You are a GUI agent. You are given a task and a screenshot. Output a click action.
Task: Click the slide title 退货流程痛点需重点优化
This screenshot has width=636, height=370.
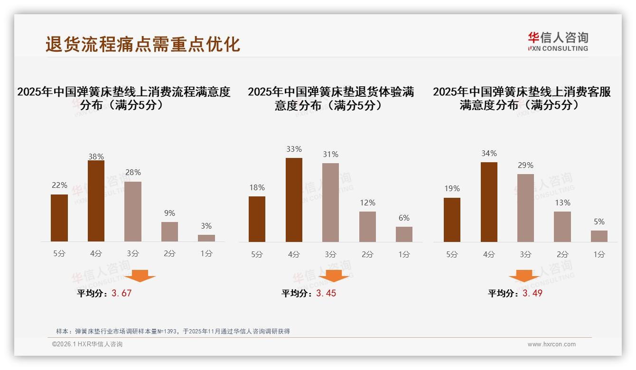coord(143,44)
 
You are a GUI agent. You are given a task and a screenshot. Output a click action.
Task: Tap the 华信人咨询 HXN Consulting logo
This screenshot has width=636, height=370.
coord(558,42)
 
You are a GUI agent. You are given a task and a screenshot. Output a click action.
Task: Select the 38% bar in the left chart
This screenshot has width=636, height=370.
coord(96,201)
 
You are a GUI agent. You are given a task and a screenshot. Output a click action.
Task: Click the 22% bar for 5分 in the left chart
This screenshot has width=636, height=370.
coord(59,218)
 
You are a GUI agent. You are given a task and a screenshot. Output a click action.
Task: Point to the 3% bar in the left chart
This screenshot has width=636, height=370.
coord(206,238)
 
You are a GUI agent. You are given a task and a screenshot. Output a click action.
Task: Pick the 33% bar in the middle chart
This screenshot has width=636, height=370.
coord(294,200)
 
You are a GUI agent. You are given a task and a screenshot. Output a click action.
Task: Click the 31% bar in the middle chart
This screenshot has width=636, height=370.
coord(330,203)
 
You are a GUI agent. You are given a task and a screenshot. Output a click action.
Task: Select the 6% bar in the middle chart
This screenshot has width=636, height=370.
coord(404,234)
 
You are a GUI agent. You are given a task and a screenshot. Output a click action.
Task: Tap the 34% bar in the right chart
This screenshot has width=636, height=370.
coord(489,202)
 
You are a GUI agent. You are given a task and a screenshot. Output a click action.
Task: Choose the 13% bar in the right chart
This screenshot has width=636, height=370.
coord(562,227)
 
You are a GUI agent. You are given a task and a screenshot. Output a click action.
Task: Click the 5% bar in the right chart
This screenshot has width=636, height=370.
coord(599,236)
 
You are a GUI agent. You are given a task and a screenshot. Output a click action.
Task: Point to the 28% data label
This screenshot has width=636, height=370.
coord(133,173)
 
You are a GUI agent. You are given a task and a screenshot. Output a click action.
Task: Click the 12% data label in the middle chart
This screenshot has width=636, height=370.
coord(367,203)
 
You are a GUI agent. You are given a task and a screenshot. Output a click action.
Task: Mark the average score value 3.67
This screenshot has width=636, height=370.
coord(122,293)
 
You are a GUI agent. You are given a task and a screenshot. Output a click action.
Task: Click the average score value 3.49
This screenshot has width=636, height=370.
coord(533,293)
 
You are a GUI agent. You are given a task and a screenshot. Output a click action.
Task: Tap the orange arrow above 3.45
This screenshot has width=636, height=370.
coord(334,276)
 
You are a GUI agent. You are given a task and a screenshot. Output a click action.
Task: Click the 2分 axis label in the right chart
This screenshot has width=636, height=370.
coord(562,255)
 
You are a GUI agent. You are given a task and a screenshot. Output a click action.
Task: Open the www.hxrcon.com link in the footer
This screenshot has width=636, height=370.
coord(552,344)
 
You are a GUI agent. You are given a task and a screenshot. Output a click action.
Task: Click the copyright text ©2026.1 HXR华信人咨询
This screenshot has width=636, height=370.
coord(87,344)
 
